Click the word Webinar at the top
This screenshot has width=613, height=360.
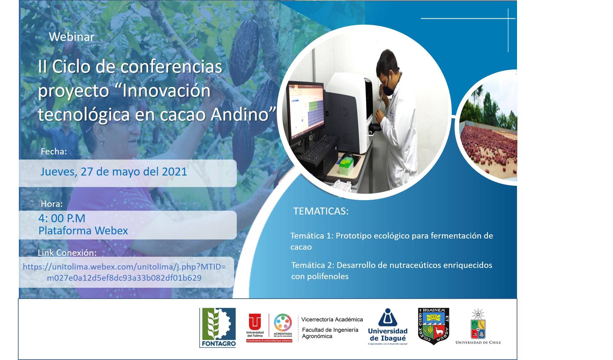[72, 37]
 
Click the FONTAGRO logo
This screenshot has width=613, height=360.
[218, 327]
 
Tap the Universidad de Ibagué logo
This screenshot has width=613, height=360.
[387, 326]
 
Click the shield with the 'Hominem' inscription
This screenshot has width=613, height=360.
[434, 326]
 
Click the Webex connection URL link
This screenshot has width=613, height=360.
[124, 272]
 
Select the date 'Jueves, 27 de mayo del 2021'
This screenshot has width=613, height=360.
[114, 172]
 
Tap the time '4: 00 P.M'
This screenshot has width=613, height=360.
[62, 218]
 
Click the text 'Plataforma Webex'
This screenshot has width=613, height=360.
[83, 231]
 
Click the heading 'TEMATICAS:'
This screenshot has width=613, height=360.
[321, 211]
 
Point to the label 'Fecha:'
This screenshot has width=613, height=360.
[54, 152]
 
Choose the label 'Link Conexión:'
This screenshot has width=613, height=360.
[67, 253]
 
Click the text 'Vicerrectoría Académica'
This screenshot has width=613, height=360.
[332, 319]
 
